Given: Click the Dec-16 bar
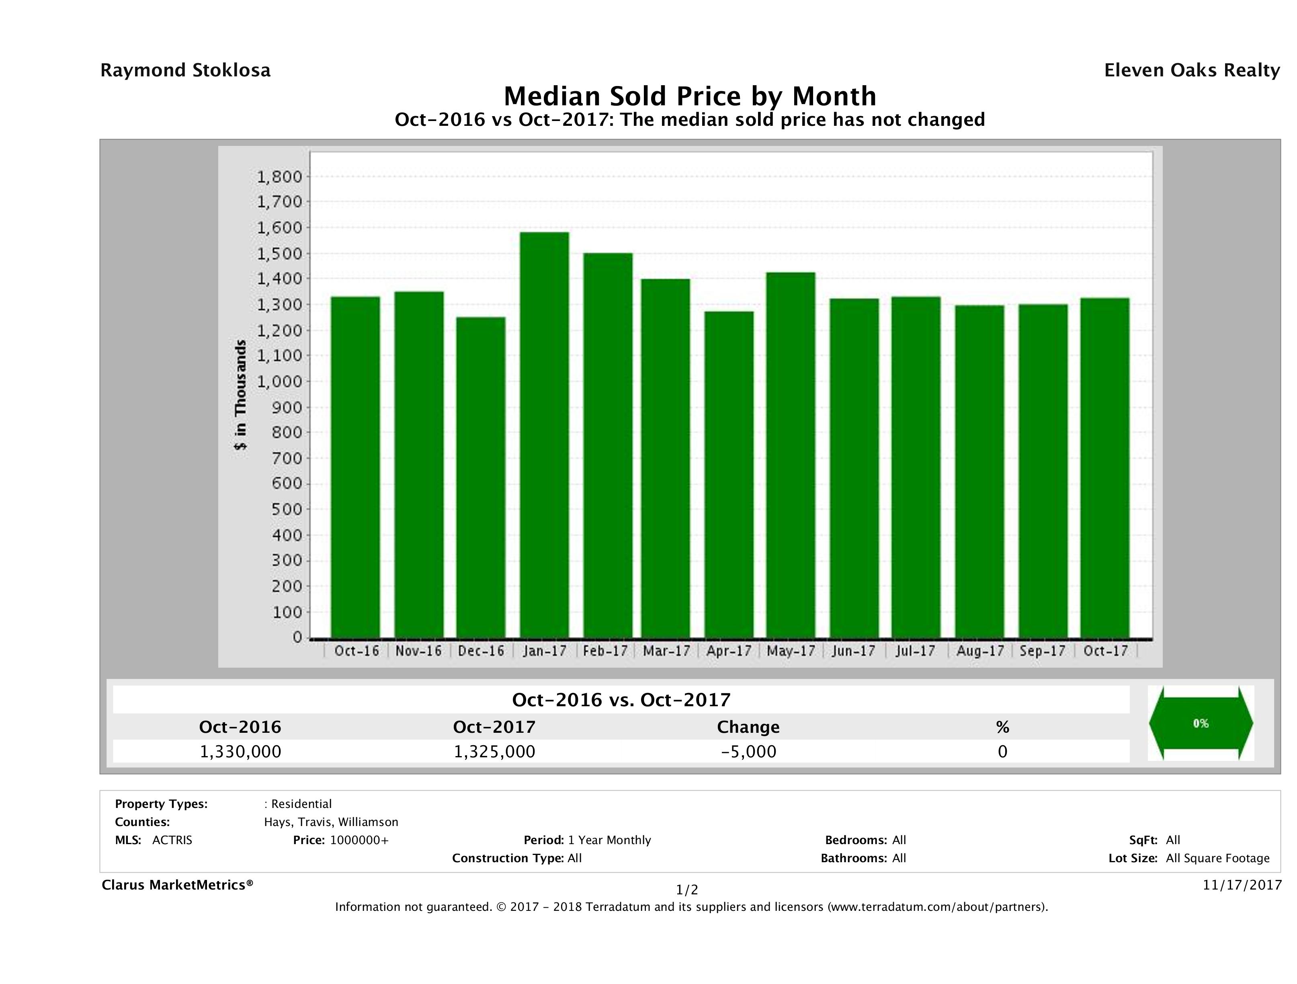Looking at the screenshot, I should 481,478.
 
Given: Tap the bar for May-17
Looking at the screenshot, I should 791,455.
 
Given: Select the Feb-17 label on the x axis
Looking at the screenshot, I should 606,651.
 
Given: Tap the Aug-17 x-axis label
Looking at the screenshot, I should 980,651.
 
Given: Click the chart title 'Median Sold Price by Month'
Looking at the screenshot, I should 690,96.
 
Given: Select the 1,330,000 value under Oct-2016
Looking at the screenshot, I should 240,751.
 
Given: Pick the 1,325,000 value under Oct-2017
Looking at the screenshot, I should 494,751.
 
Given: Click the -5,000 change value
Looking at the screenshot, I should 748,751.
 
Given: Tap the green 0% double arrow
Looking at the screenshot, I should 1200,723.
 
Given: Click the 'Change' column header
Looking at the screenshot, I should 748,727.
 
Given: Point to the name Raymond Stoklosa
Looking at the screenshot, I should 185,70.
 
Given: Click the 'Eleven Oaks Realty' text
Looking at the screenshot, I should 1191,70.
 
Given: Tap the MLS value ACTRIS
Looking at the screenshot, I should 172,840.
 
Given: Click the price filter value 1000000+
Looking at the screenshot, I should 359,840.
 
